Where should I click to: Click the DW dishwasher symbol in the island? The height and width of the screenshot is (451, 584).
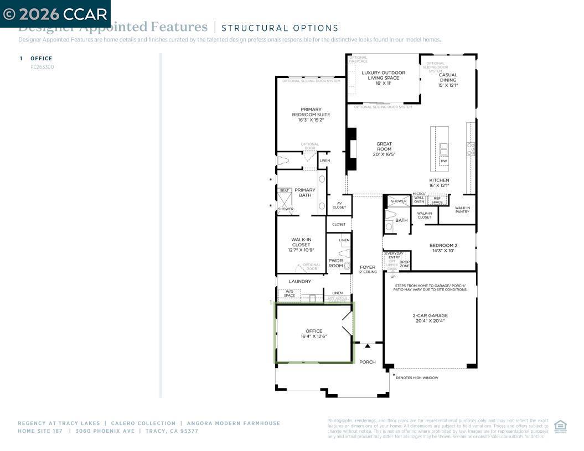(443, 161)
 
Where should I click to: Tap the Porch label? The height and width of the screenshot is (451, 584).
(367, 362)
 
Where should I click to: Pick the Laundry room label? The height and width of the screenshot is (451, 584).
(299, 281)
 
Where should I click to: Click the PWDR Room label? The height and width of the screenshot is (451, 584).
(335, 263)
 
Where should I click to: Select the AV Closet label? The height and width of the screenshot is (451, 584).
(339, 205)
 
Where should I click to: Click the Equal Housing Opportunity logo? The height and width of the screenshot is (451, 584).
(560, 426)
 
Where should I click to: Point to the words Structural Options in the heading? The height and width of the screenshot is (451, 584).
(280, 28)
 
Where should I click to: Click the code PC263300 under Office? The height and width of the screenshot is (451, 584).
(42, 67)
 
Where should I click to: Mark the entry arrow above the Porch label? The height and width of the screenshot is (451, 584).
(367, 346)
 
